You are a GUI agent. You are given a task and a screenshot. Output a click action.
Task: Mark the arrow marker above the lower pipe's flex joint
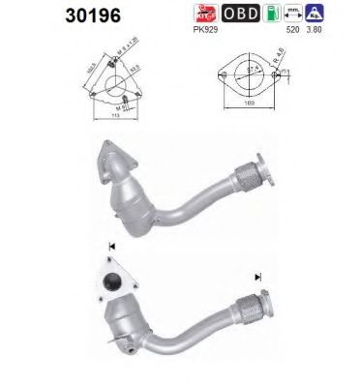click(258, 276)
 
